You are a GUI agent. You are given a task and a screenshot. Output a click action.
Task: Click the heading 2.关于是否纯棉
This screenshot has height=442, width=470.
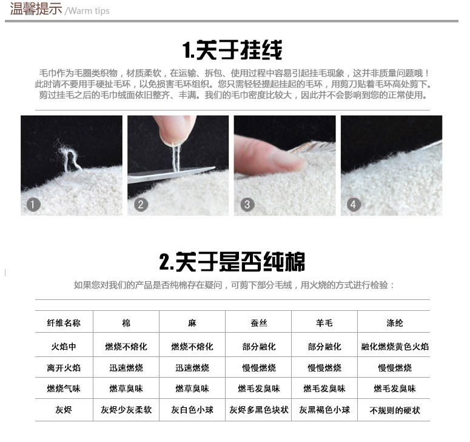coord(232,262)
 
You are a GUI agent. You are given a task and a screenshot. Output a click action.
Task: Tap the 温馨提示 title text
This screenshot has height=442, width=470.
coord(36,10)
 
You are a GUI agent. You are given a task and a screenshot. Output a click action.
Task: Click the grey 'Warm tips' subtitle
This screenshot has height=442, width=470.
coord(87,11)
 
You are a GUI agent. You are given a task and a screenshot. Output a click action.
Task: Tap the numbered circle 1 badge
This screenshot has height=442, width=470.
coord(33,204)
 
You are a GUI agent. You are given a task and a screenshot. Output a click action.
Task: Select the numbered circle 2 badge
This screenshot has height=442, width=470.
coord(141,204)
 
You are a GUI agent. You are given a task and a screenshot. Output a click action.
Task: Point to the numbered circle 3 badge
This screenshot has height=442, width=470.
coord(247,204)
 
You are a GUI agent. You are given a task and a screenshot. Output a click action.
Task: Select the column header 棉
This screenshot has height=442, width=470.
coord(126,323)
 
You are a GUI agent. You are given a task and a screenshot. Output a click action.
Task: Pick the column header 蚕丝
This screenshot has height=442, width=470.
coord(259,323)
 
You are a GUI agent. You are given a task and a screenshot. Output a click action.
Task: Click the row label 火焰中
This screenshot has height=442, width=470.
coord(64,347)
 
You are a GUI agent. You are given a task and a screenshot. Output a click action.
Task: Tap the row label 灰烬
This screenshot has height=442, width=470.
coord(64,410)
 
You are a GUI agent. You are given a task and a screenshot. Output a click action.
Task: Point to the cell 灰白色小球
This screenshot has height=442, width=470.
coord(192,410)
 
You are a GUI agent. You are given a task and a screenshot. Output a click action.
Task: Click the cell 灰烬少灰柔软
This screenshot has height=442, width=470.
coord(126,410)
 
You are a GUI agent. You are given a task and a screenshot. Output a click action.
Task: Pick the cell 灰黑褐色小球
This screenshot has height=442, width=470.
coord(324,410)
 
